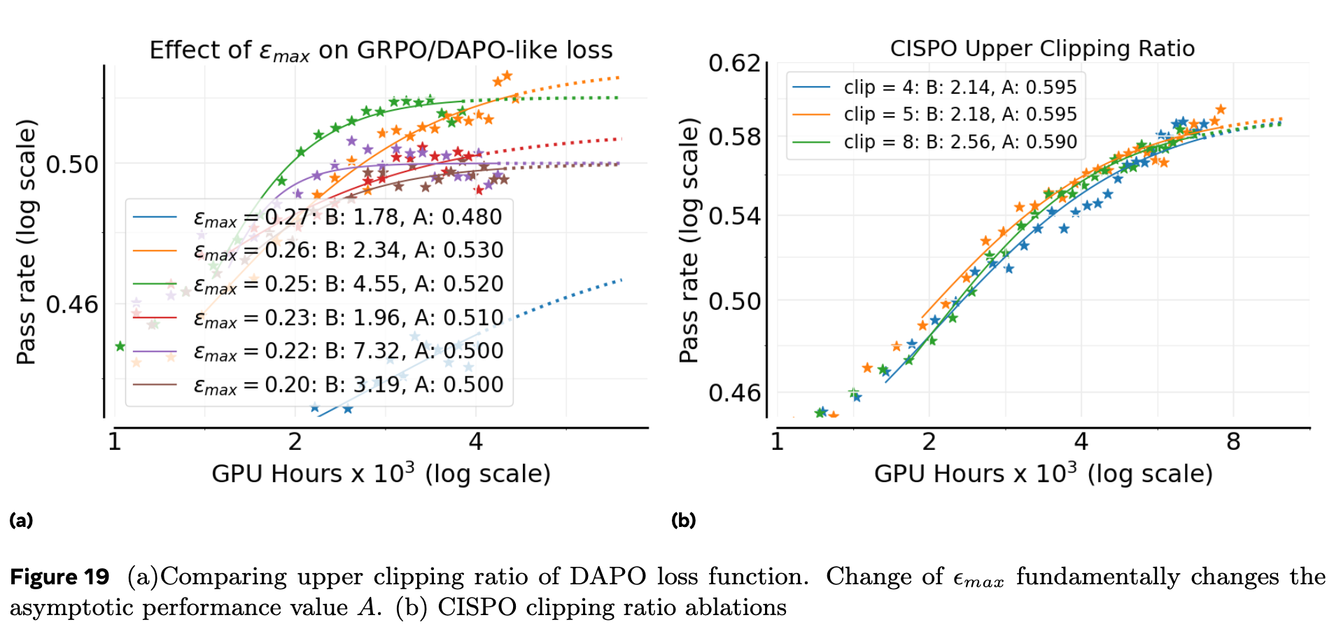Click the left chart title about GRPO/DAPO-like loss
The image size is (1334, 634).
click(x=381, y=50)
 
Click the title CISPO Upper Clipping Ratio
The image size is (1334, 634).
click(x=1042, y=48)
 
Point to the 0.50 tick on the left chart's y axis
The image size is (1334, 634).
click(x=72, y=165)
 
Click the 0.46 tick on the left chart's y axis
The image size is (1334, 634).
click(x=72, y=305)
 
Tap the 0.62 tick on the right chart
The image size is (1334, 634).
click(x=734, y=63)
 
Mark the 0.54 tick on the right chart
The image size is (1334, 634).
click(x=734, y=216)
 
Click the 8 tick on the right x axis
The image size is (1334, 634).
click(x=1233, y=442)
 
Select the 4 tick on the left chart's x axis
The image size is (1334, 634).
click(x=476, y=442)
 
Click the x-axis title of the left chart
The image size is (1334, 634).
click(x=381, y=474)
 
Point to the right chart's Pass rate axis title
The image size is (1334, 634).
click(x=689, y=241)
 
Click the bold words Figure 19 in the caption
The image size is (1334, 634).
click(x=59, y=577)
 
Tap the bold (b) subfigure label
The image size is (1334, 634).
click(x=683, y=520)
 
